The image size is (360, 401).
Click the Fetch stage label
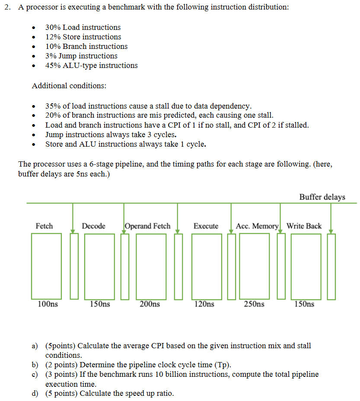[x=44, y=226]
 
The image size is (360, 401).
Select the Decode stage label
[x=93, y=226]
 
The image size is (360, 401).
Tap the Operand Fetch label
[x=147, y=226]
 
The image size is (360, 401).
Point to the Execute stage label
[x=206, y=226]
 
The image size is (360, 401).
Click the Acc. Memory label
[x=257, y=226]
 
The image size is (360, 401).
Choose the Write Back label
[x=304, y=226]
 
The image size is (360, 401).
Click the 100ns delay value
[x=48, y=304]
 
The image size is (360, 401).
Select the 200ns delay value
[x=150, y=304]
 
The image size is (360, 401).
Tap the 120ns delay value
[x=204, y=304]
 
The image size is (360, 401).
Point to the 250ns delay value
[x=254, y=304]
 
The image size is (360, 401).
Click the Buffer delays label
[x=322, y=197]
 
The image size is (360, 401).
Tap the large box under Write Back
[x=306, y=266]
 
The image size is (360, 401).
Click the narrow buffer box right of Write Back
[x=331, y=266]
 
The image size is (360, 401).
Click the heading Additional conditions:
[x=69, y=86]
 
